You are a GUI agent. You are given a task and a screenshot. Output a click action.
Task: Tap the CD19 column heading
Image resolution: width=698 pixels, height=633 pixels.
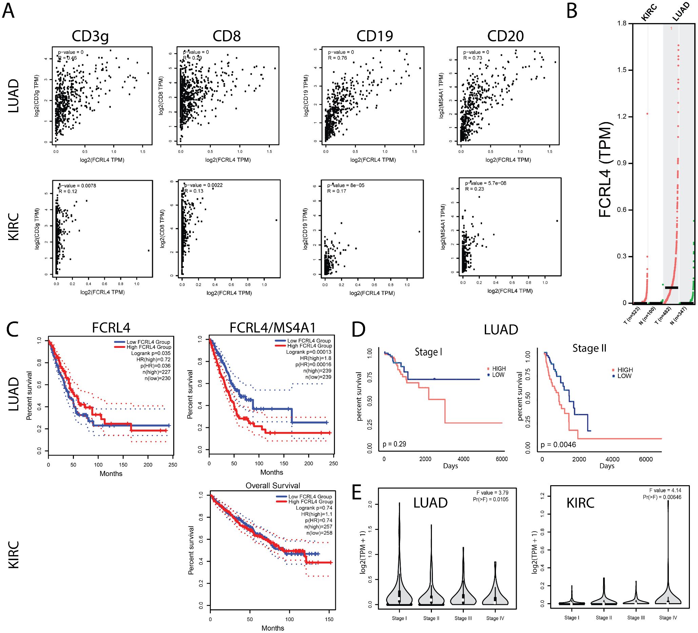pyautogui.click(x=375, y=36)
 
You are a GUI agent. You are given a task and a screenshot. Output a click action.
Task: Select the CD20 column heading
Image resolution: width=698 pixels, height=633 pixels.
pyautogui.click(x=505, y=36)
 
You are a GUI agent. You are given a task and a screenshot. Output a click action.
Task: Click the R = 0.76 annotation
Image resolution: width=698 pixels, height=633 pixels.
pyautogui.click(x=337, y=58)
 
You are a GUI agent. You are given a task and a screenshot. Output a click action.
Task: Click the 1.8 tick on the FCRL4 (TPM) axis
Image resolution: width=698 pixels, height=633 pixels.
pyautogui.click(x=622, y=23)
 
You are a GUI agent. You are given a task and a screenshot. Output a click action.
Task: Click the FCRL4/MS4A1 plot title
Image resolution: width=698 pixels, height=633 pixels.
pyautogui.click(x=273, y=328)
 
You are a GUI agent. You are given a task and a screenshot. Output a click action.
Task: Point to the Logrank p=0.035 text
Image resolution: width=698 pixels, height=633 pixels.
pyautogui.click(x=151, y=353)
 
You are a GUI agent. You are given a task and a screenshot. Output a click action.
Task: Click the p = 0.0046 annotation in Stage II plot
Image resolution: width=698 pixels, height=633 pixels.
pyautogui.click(x=558, y=444)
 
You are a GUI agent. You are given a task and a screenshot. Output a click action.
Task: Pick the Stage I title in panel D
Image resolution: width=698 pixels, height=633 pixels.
pyautogui.click(x=428, y=352)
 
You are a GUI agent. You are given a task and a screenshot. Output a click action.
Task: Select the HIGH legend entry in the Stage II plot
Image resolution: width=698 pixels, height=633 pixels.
pyautogui.click(x=624, y=370)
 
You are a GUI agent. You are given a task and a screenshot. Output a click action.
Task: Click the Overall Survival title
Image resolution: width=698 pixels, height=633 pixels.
pyautogui.click(x=273, y=486)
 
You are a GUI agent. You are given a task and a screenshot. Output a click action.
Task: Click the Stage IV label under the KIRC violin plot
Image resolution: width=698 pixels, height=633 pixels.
pyautogui.click(x=668, y=617)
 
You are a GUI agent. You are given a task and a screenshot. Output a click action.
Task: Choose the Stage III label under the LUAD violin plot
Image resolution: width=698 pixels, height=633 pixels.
pyautogui.click(x=463, y=618)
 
